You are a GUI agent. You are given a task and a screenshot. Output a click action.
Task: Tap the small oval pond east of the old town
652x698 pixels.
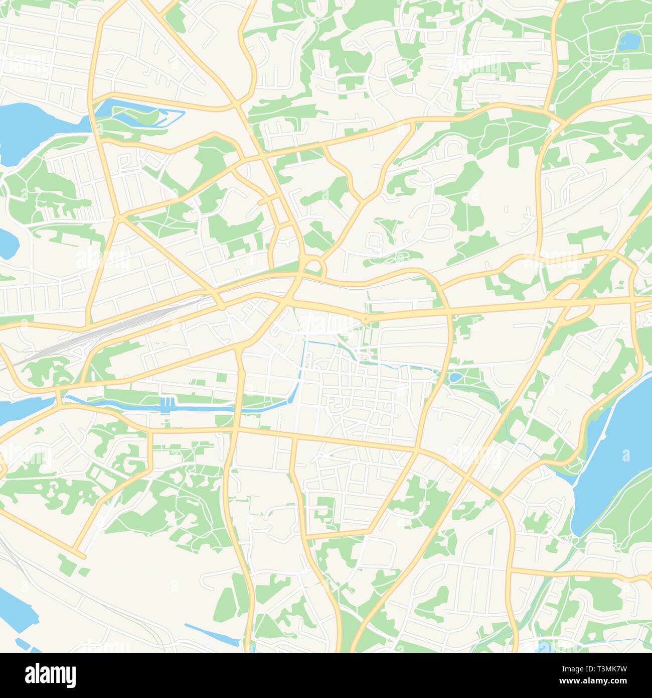(x=455, y=377)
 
